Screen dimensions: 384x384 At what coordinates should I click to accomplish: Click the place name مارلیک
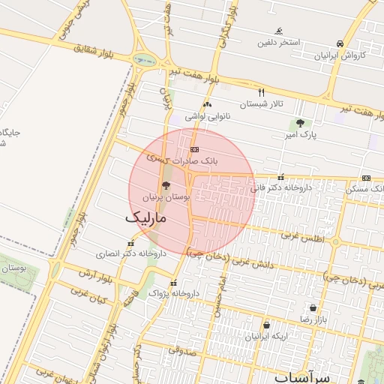click(143, 217)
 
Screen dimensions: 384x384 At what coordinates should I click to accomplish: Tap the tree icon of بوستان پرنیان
click(165, 185)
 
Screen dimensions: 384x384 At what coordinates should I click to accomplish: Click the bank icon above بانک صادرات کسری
click(195, 150)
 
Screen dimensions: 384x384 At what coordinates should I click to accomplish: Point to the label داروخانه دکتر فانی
click(279, 188)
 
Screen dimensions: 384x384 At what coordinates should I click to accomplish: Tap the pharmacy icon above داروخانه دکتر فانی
click(281, 178)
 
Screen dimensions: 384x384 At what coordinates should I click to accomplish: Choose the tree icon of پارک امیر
click(301, 123)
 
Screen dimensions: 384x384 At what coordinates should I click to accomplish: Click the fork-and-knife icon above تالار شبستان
click(261, 92)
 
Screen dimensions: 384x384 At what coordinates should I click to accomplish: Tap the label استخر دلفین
click(279, 42)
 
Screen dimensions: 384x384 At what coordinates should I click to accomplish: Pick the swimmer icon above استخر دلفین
click(279, 31)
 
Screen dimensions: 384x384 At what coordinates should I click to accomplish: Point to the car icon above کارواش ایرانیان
click(340, 43)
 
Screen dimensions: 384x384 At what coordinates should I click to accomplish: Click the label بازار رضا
click(313, 319)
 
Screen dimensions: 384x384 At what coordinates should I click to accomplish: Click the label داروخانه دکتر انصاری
click(131, 253)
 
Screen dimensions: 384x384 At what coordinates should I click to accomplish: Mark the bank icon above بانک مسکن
click(366, 178)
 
